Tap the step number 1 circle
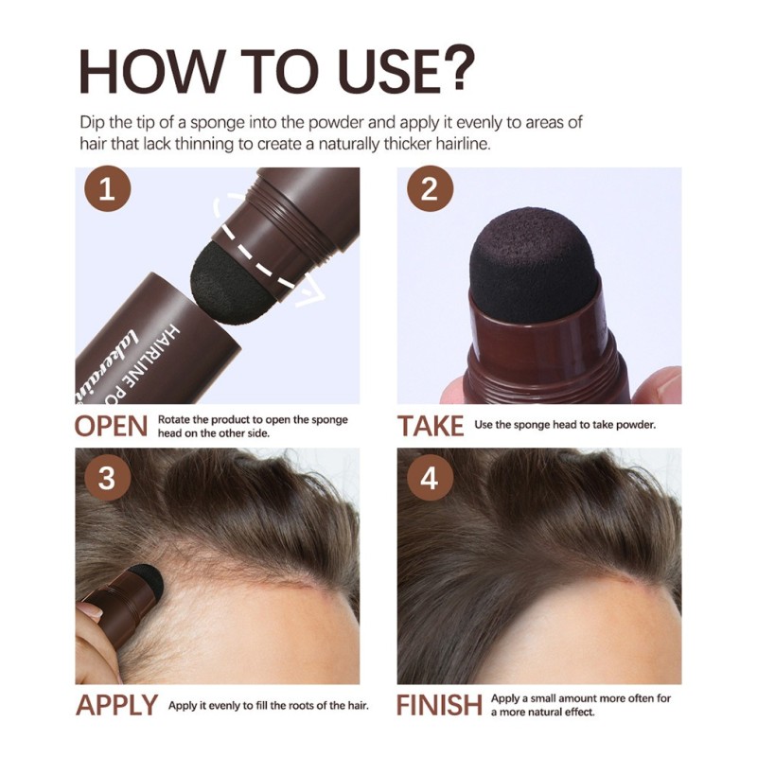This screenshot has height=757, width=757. pyautogui.click(x=107, y=191)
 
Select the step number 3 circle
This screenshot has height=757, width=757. pyautogui.click(x=107, y=478)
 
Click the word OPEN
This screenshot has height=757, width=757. pyautogui.click(x=112, y=427)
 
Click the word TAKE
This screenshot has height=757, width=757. pyautogui.click(x=431, y=427)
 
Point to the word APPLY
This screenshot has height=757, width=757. pyautogui.click(x=116, y=706)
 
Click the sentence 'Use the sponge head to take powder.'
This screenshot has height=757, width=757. pyautogui.click(x=565, y=425)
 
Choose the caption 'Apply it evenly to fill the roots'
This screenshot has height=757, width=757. pyautogui.click(x=268, y=706)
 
